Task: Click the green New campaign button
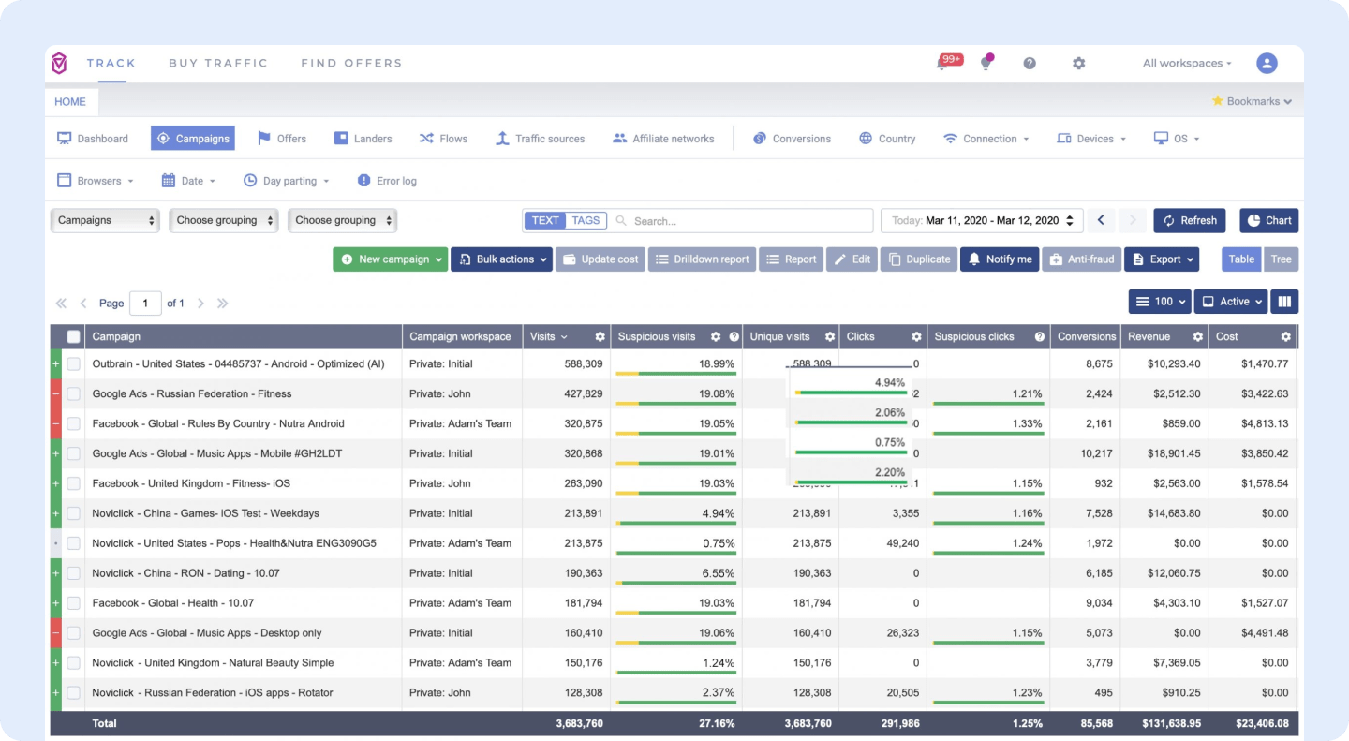point(390,259)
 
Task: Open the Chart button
point(1268,220)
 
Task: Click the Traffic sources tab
point(540,139)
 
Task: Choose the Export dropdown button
point(1162,259)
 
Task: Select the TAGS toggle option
point(586,221)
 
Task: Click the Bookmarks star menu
point(1252,101)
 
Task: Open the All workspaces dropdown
point(1186,64)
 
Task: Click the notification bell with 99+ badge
point(943,64)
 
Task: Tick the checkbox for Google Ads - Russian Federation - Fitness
point(73,394)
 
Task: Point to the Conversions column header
point(1086,336)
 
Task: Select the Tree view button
point(1281,259)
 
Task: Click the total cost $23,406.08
point(1252,723)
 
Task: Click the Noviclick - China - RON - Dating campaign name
point(185,573)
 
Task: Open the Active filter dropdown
point(1230,302)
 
